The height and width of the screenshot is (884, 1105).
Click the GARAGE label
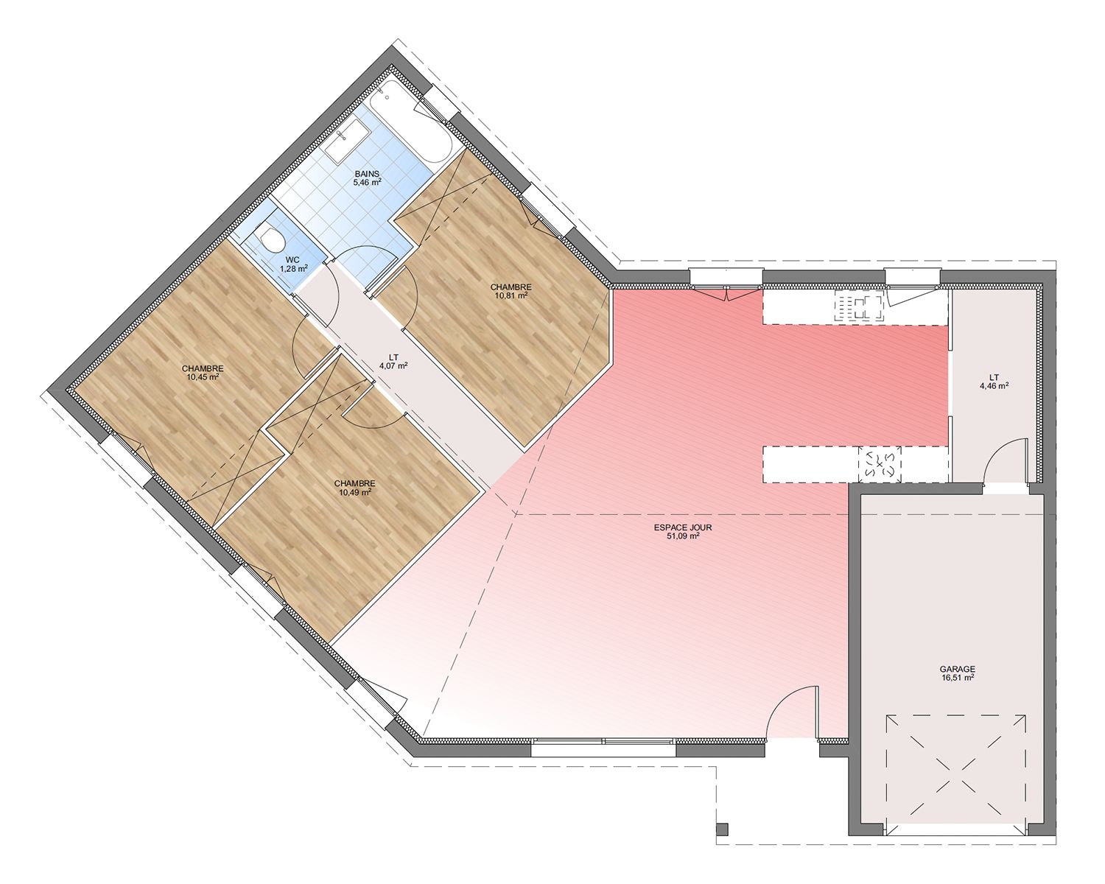click(957, 670)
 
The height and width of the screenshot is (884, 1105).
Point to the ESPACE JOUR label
click(683, 527)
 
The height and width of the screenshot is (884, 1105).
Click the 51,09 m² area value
click(683, 536)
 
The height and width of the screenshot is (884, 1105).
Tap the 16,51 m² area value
click(957, 678)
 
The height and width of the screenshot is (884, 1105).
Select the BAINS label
click(367, 174)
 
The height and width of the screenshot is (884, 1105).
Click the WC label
click(293, 261)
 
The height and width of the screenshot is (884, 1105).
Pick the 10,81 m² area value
click(511, 295)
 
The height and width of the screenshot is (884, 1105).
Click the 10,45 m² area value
click(203, 376)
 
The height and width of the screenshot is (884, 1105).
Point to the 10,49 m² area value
click(354, 491)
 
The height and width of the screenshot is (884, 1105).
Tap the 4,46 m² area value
click(994, 386)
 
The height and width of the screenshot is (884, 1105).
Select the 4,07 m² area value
click(393, 365)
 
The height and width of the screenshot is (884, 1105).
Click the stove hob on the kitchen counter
click(860, 306)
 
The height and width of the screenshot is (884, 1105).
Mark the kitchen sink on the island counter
click(880, 464)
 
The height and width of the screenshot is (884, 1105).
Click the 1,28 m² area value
click(293, 269)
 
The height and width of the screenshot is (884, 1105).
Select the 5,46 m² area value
click(367, 183)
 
